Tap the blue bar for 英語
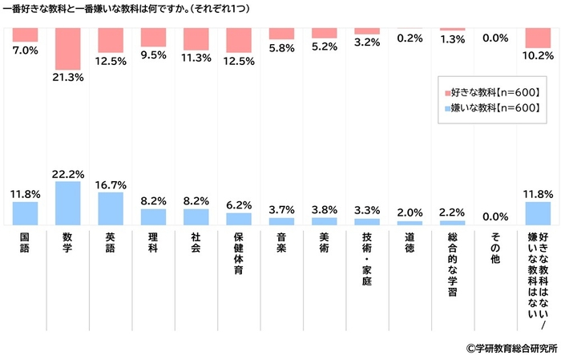111,208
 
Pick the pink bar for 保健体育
239,40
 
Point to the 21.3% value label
67,78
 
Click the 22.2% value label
67,173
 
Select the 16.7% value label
111,184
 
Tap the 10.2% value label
539,56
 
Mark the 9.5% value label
153,55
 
